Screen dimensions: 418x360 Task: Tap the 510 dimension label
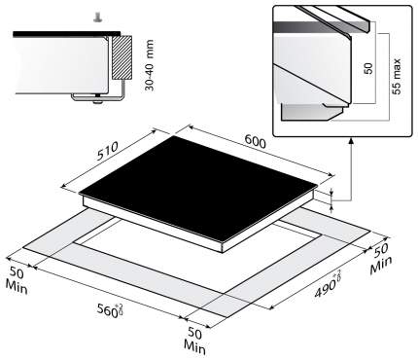point(107,151)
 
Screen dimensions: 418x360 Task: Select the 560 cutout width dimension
point(111,310)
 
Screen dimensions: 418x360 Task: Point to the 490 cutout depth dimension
point(328,283)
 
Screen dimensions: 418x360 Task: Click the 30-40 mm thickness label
point(150,65)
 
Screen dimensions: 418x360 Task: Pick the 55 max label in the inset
point(396,77)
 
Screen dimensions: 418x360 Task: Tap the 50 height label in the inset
point(368,68)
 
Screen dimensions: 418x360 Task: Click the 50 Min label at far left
point(17,280)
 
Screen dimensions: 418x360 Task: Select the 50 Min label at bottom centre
point(195,341)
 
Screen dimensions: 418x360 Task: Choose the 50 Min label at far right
point(380,259)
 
